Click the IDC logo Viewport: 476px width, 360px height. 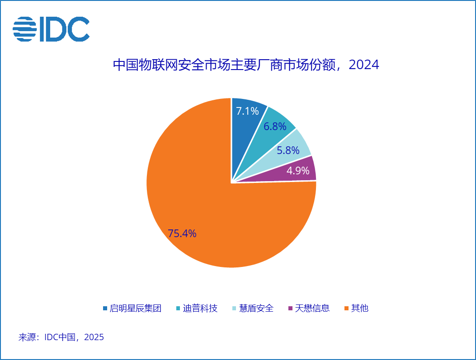(x=51, y=29)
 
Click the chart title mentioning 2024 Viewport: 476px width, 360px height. (x=246, y=65)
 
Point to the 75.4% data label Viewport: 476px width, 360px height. (x=182, y=234)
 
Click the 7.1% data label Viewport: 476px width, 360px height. (x=247, y=111)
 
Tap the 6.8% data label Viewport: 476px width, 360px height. (x=275, y=126)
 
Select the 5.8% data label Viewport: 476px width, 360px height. (x=288, y=150)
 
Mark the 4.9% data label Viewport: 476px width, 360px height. (x=298, y=170)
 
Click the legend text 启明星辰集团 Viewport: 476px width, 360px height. (x=136, y=308)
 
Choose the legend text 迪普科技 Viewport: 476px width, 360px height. (x=200, y=308)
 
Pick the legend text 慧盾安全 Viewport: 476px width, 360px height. (x=256, y=308)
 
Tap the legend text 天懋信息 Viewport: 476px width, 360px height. (x=312, y=308)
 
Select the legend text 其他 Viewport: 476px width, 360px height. (x=360, y=308)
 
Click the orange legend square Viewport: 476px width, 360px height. (x=346, y=309)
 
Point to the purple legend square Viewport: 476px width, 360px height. (x=291, y=309)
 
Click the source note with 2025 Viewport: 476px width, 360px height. (x=61, y=337)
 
